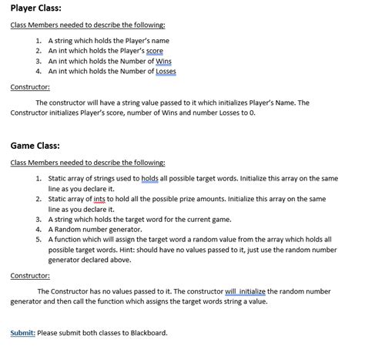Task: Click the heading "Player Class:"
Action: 35,8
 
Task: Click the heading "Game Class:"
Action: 35,145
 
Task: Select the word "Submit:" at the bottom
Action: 22,333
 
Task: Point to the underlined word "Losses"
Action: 166,71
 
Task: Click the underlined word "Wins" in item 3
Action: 163,61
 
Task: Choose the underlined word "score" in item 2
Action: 155,51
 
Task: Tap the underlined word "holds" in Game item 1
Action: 149,178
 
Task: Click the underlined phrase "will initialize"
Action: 245,291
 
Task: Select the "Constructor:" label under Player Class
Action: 30,87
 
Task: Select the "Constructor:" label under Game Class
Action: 30,275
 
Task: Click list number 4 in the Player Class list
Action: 39,71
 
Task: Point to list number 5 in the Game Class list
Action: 39,240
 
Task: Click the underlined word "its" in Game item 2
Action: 99,209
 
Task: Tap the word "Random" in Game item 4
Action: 69,229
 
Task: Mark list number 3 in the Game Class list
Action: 39,219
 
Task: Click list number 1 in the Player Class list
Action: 39,41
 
